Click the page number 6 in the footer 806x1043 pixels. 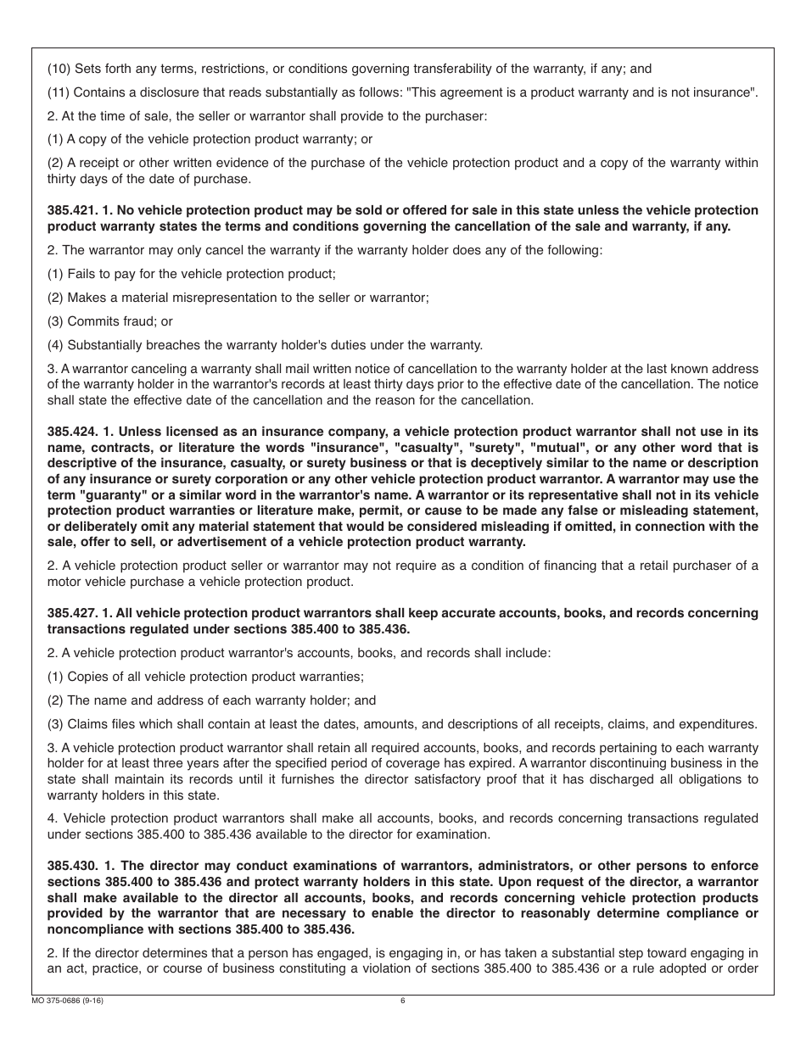tap(403, 1001)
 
